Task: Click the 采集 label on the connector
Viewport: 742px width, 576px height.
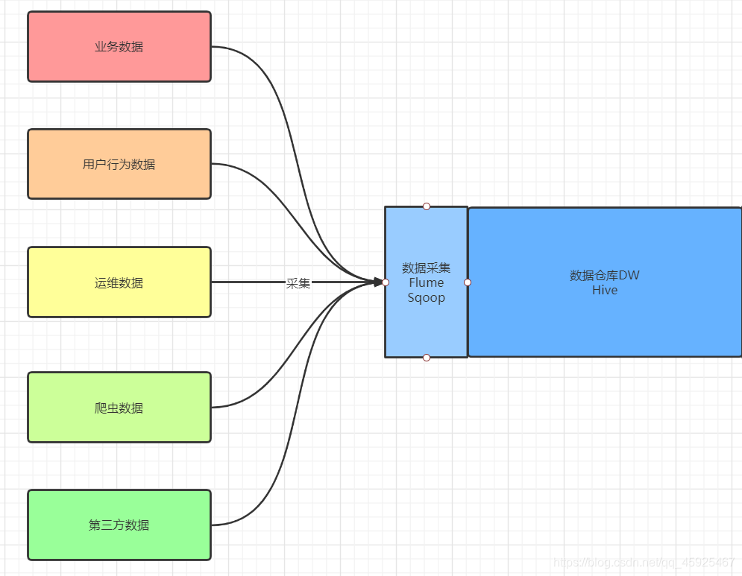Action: pos(298,283)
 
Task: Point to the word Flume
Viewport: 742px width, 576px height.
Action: pos(426,282)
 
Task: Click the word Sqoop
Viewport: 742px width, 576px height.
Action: pos(426,297)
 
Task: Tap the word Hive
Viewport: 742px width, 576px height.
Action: pos(604,290)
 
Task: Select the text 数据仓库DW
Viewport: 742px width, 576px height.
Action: pos(604,275)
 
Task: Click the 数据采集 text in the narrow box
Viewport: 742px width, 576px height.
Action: pos(426,268)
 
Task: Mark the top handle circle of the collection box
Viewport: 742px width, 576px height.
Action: pos(427,206)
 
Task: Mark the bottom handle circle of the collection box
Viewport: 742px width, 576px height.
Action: pos(427,358)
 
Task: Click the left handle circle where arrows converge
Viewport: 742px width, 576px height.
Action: pos(386,282)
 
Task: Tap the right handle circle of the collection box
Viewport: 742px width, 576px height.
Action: pos(468,282)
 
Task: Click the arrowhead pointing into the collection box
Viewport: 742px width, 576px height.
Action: pos(377,282)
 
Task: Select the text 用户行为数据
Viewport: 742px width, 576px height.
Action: pos(119,164)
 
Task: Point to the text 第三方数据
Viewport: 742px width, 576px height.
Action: pos(119,525)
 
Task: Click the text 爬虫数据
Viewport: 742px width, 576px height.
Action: pos(119,408)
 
